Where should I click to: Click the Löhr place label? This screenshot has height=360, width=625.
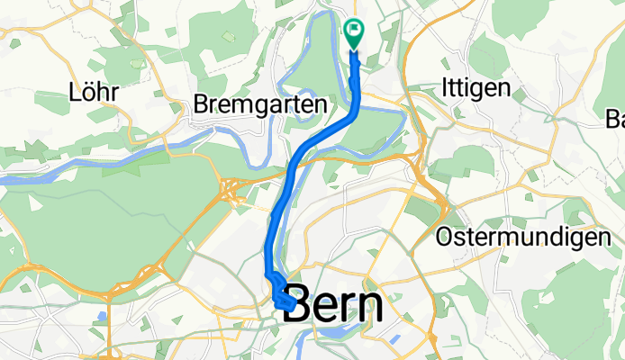click(x=94, y=93)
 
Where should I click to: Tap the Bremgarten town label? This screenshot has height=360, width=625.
click(x=260, y=105)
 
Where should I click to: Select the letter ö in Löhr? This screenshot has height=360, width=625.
click(x=89, y=93)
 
